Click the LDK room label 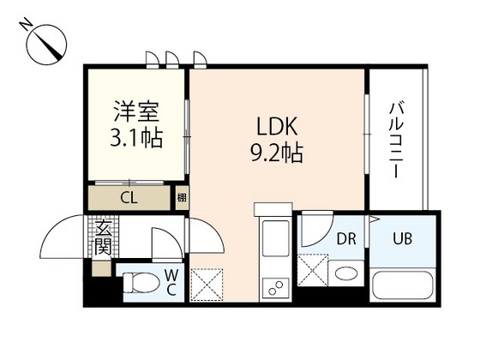[277, 127]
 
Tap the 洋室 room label [137, 111]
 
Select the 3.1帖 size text [136, 138]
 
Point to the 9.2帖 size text [277, 153]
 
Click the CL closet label [129, 198]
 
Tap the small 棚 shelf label [182, 197]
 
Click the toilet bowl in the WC [141, 283]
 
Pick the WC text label [171, 283]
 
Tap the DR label [346, 239]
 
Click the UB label [403, 239]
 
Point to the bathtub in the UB [403, 285]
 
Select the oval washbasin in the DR [346, 273]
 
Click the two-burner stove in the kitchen [275, 288]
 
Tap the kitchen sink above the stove [275, 239]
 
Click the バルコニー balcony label [396, 141]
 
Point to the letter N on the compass [26, 25]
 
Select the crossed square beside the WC [207, 285]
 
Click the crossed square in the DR [313, 270]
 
